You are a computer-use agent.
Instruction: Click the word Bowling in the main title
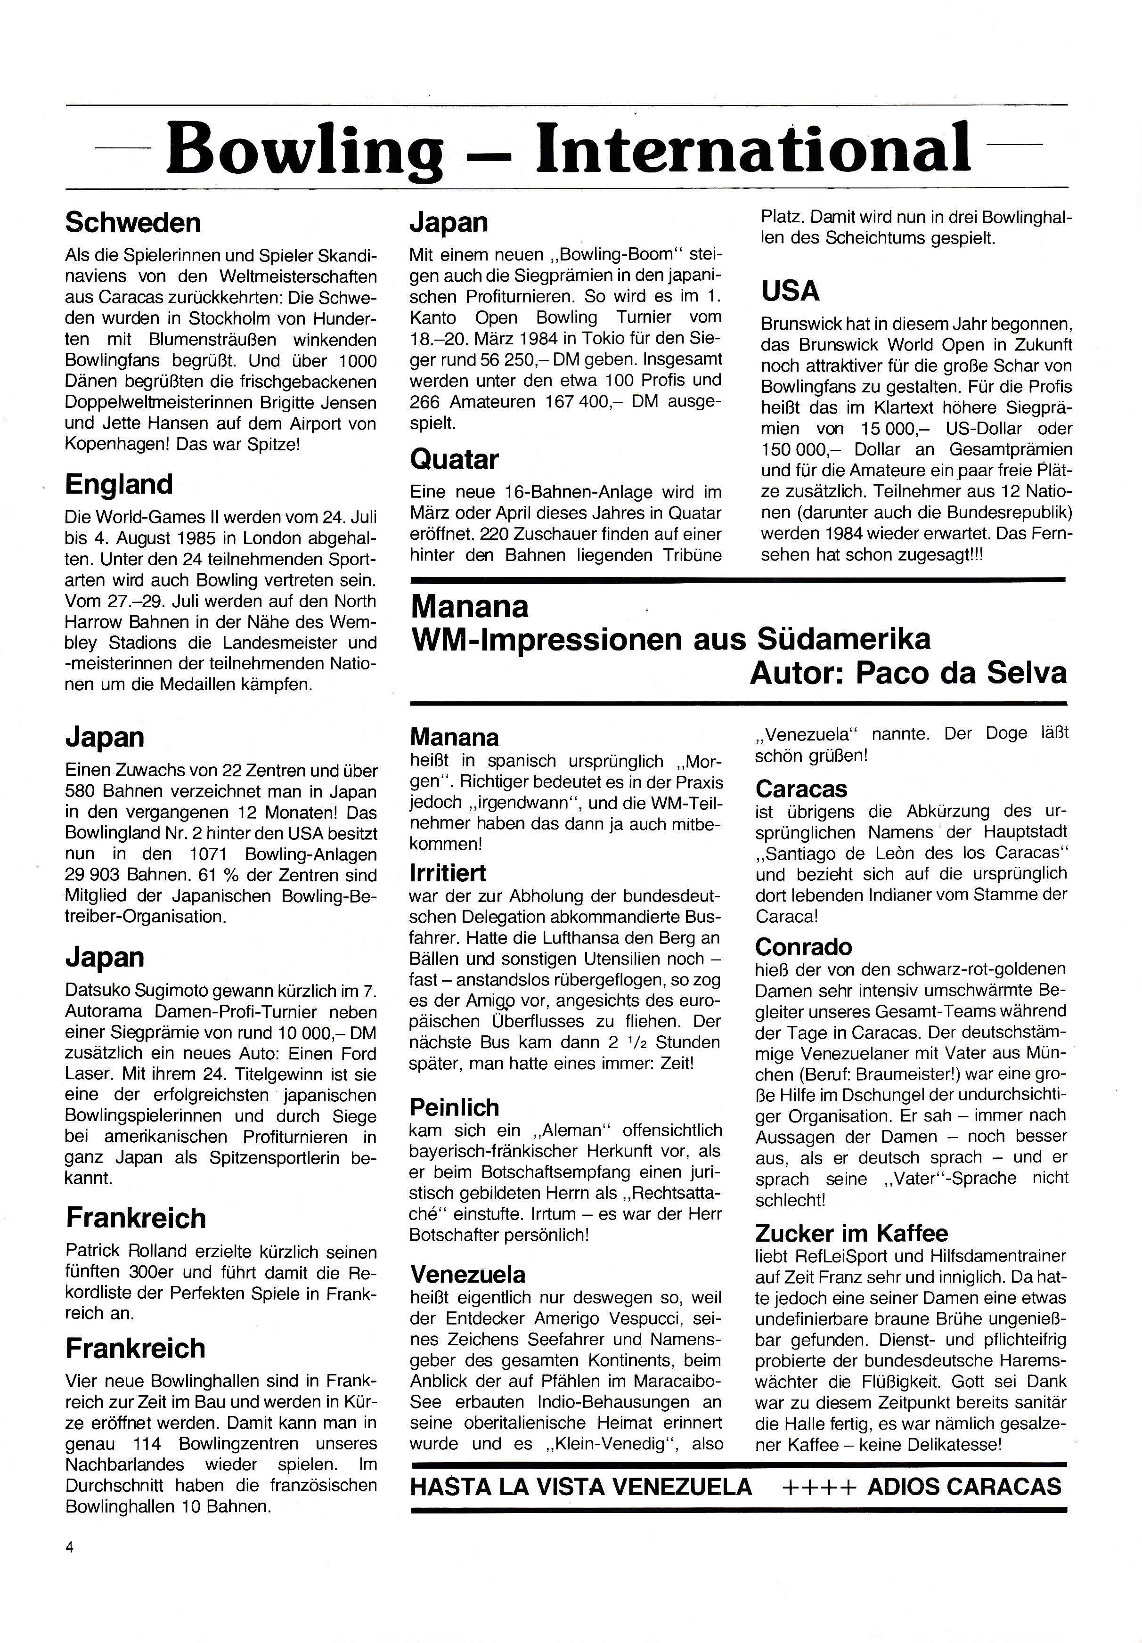[305, 149]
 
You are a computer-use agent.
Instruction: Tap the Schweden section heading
[133, 222]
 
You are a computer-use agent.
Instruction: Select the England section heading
[119, 484]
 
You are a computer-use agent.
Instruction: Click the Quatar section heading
[454, 459]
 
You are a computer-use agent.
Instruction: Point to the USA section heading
[790, 291]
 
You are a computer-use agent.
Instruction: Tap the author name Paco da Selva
[961, 672]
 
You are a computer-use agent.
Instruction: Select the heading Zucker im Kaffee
[851, 1233]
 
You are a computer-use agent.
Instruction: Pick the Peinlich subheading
[454, 1107]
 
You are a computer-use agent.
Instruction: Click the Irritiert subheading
[448, 873]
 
